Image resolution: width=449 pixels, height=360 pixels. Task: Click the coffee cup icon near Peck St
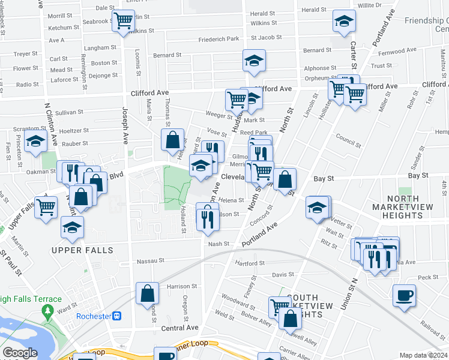pyautogui.click(x=404, y=295)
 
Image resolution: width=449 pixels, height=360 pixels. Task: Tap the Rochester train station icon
pyautogui.click(x=118, y=316)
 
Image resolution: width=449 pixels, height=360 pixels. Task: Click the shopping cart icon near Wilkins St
pyautogui.click(x=123, y=20)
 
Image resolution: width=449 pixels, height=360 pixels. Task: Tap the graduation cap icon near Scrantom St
pyautogui.click(x=36, y=142)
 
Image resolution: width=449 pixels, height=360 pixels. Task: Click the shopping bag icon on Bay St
pyautogui.click(x=285, y=178)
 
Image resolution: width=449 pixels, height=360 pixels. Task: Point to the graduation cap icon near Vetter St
pyautogui.click(x=317, y=207)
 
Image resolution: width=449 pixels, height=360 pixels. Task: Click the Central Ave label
pyautogui.click(x=179, y=328)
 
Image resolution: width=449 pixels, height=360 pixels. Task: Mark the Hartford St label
pyautogui.click(x=250, y=263)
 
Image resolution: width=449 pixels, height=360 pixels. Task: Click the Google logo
pyautogui.click(x=20, y=353)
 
